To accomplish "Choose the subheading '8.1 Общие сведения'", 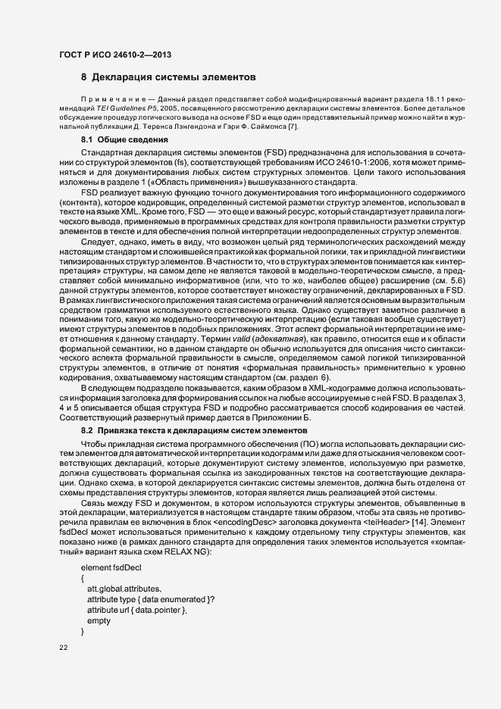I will coord(119,141).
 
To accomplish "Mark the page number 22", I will coord(64,648).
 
